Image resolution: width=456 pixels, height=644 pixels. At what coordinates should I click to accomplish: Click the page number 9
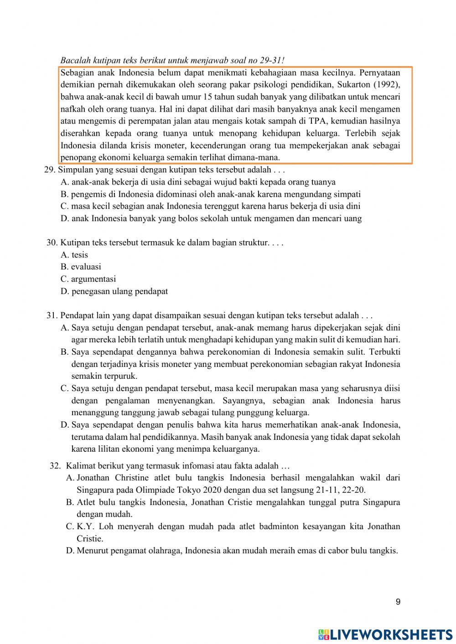[x=398, y=602]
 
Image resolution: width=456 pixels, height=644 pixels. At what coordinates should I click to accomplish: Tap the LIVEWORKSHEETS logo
[x=385, y=634]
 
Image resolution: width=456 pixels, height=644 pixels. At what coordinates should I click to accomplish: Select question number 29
[x=50, y=170]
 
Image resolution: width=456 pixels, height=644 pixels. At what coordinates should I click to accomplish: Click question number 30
[x=52, y=242]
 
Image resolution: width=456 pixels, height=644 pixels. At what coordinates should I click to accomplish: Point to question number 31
[x=52, y=315]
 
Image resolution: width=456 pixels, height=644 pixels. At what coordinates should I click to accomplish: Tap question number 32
[x=55, y=466]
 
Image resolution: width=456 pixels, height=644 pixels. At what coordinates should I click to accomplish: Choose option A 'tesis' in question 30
[x=74, y=255]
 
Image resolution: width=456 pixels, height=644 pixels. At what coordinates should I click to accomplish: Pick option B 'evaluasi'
[x=81, y=267]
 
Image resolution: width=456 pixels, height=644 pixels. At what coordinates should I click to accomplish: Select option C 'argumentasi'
[x=88, y=279]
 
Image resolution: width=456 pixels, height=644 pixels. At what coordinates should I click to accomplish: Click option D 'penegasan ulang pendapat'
[x=114, y=291]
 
